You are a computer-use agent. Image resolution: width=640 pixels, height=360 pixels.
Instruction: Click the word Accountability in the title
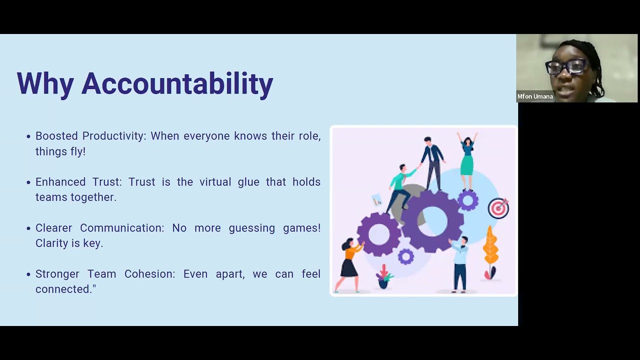pos(177,83)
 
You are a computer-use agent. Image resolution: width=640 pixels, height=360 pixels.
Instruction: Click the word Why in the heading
pos(45,83)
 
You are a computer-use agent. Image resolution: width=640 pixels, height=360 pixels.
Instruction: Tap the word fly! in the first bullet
pos(74,151)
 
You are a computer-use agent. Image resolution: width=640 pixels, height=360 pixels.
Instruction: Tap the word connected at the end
pos(63,289)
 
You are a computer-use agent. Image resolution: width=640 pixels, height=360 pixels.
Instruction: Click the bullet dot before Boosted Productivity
pos(28,136)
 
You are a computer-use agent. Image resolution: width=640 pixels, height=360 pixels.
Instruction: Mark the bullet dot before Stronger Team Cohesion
pos(28,274)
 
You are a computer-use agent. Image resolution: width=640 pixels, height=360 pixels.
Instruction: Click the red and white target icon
pos(498,208)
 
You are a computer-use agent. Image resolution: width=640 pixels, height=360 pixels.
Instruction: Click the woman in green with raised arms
pos(467,160)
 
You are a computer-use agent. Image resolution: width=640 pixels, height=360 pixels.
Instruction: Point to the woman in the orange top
pos(350,262)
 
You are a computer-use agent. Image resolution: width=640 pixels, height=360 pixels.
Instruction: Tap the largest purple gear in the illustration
pos(432,220)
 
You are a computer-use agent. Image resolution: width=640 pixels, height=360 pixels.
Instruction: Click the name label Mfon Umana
pos(535,96)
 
